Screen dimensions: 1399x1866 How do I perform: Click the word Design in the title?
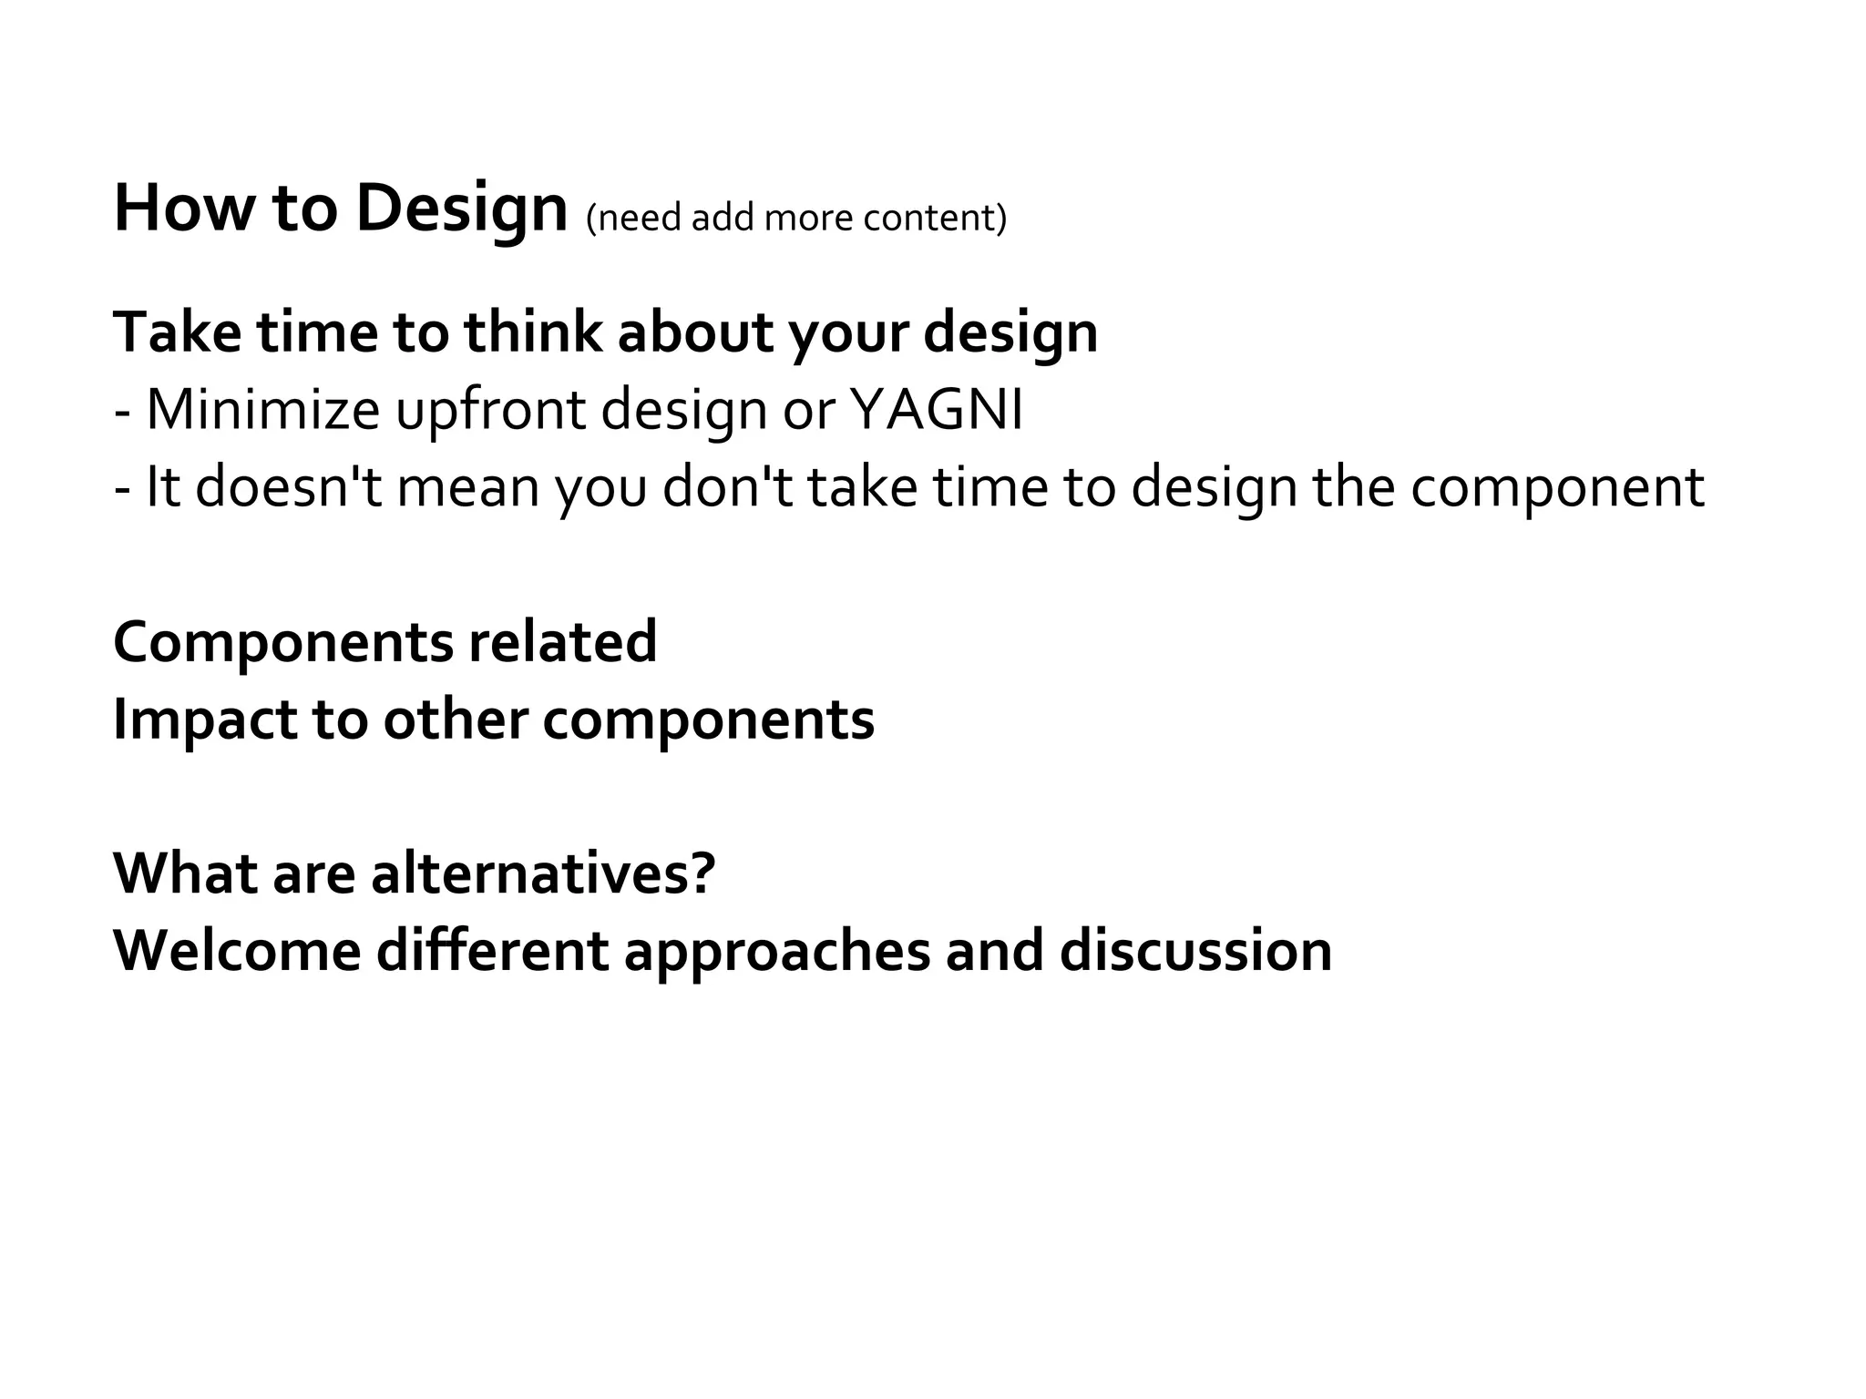[x=461, y=209]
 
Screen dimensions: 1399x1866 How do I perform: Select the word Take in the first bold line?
[x=177, y=332]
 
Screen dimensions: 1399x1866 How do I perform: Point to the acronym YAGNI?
[x=936, y=410]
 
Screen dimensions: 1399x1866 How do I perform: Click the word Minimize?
[x=262, y=410]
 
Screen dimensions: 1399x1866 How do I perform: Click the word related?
[x=562, y=642]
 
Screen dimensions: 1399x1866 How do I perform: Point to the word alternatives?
[x=543, y=873]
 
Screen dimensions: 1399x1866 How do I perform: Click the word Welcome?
[x=237, y=951]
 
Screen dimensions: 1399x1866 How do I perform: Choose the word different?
[x=492, y=951]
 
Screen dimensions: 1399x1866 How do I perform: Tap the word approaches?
[x=777, y=953]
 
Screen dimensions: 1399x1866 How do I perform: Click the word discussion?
[x=1195, y=951]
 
